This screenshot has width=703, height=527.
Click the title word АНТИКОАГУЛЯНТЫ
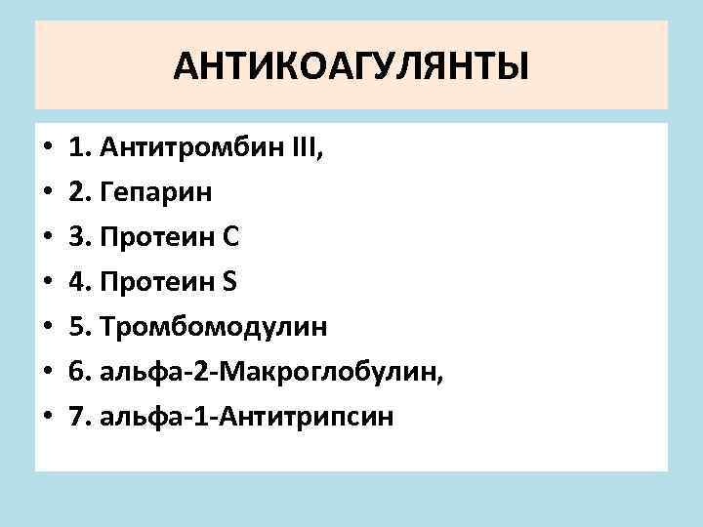click(x=351, y=68)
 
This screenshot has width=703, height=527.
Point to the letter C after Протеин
click(x=232, y=237)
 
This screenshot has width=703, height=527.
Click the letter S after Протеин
click(x=230, y=282)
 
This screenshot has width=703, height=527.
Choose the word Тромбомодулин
click(x=212, y=327)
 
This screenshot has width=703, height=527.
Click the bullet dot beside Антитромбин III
click(x=47, y=149)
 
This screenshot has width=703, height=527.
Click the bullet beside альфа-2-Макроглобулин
click(x=47, y=374)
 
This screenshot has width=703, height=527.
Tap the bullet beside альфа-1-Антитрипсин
click(x=47, y=419)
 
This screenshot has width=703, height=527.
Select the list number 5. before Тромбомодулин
click(x=79, y=327)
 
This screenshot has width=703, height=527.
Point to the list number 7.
click(x=79, y=417)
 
